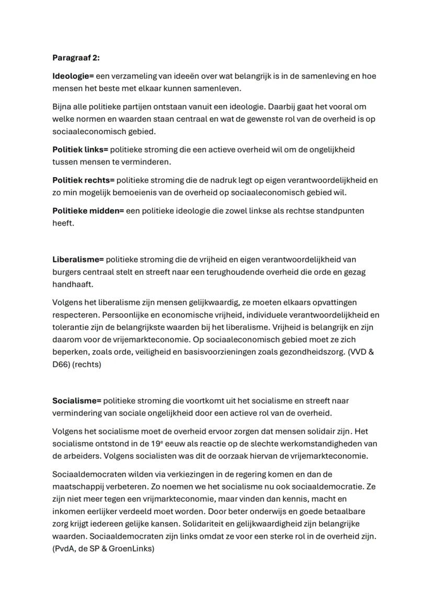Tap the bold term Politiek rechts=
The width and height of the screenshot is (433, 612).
click(83, 180)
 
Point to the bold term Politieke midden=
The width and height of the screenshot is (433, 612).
click(88, 211)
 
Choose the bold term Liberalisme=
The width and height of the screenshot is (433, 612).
click(78, 259)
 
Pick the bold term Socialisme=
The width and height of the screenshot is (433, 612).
click(76, 401)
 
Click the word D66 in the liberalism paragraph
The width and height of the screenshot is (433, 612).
click(60, 364)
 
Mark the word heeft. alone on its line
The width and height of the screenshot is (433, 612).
click(62, 223)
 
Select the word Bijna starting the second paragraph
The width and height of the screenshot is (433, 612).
click(63, 107)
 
